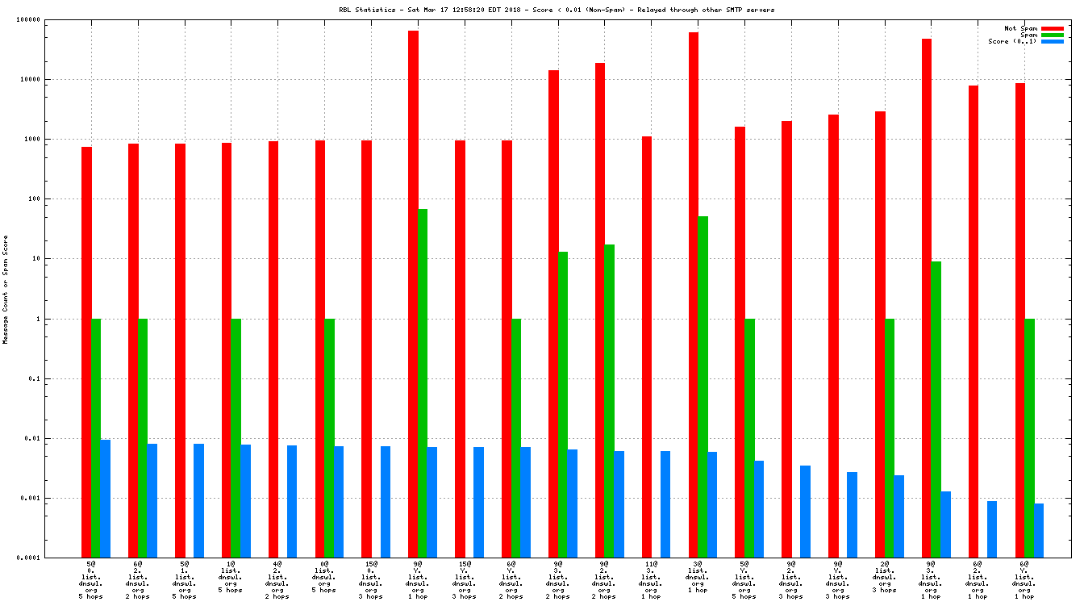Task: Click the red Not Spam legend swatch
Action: [1053, 28]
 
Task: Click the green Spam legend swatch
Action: [1053, 35]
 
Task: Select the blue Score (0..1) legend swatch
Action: [1053, 41]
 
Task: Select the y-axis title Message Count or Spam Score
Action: [6, 290]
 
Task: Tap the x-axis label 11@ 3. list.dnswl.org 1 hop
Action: [651, 580]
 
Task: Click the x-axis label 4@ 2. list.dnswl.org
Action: [277, 580]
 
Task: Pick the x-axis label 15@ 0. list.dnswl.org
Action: [371, 580]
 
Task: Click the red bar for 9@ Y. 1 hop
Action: [413, 295]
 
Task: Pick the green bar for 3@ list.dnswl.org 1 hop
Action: [703, 387]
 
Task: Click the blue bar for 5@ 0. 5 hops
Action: [105, 499]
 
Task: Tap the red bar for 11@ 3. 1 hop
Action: [647, 347]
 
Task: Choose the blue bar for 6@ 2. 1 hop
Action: [992, 529]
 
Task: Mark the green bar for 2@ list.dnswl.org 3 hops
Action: [890, 438]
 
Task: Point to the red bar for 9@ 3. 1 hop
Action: [927, 299]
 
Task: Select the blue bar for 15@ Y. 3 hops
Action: [478, 503]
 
